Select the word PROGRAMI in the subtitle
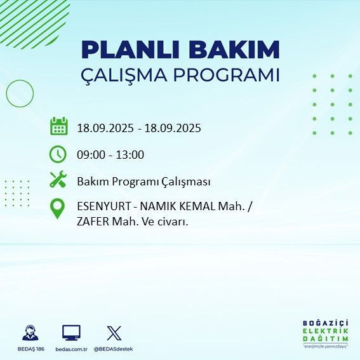pyautogui.click(x=226, y=75)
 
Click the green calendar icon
pyautogui.click(x=58, y=126)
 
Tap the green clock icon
pyautogui.click(x=58, y=154)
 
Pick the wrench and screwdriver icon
pyautogui.click(x=58, y=180)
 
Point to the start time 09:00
pyautogui.click(x=90, y=154)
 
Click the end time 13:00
pyautogui.click(x=130, y=154)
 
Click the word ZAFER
pyautogui.click(x=93, y=221)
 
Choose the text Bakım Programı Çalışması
pyautogui.click(x=143, y=182)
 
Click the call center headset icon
pyautogui.click(x=29, y=333)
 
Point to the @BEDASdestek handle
pyautogui.click(x=114, y=349)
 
